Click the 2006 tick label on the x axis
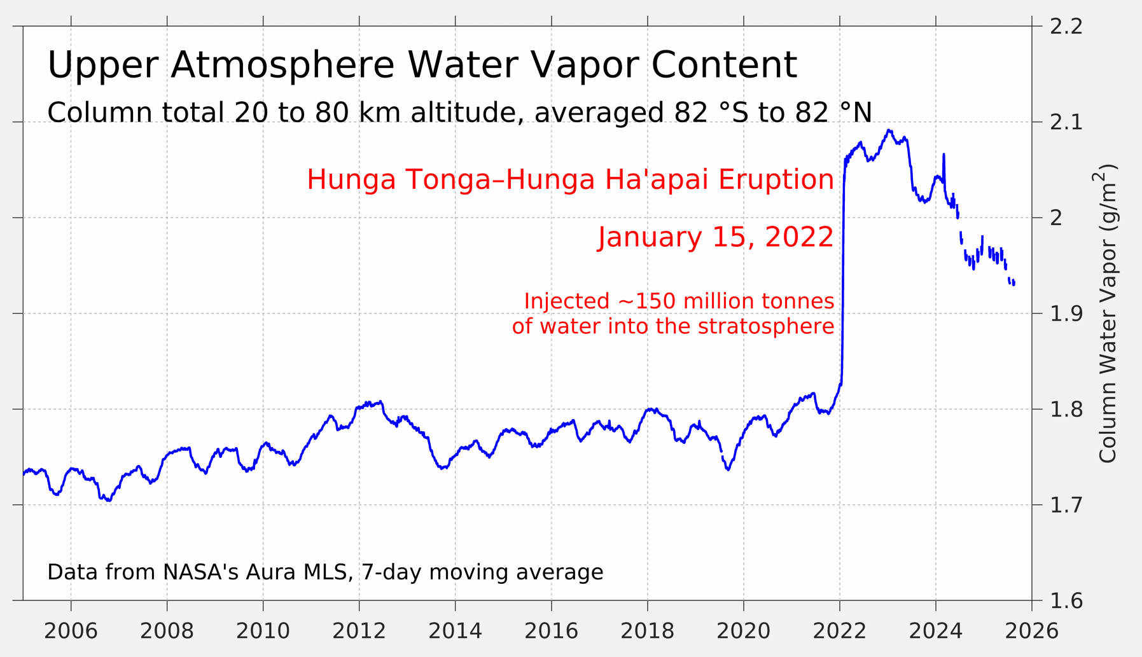click(x=71, y=631)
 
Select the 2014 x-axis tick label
click(x=455, y=631)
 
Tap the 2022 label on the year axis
click(x=839, y=631)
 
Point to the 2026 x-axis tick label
click(x=1032, y=631)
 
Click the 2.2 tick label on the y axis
click(x=1066, y=27)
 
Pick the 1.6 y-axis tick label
click(x=1066, y=600)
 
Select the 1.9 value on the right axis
click(x=1066, y=314)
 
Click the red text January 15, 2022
click(x=716, y=237)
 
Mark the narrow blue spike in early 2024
click(x=944, y=155)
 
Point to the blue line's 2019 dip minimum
click(x=728, y=470)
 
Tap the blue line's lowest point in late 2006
click(x=109, y=501)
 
